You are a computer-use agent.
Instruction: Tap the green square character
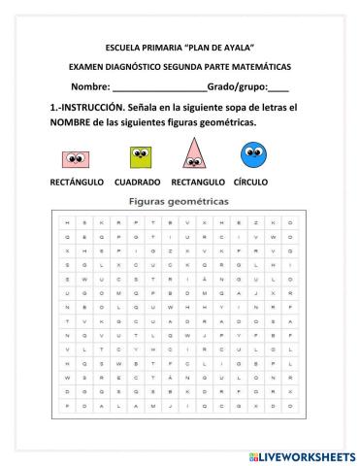point(141,156)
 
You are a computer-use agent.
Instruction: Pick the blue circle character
point(254,154)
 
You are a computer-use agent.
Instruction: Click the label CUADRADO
point(137,183)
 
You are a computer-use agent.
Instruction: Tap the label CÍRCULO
point(251,183)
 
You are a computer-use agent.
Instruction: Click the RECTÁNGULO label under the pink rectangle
point(77,183)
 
